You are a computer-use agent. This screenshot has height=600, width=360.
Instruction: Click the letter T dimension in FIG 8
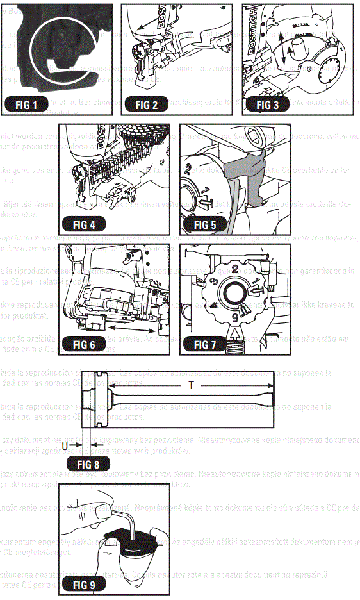point(191,386)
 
